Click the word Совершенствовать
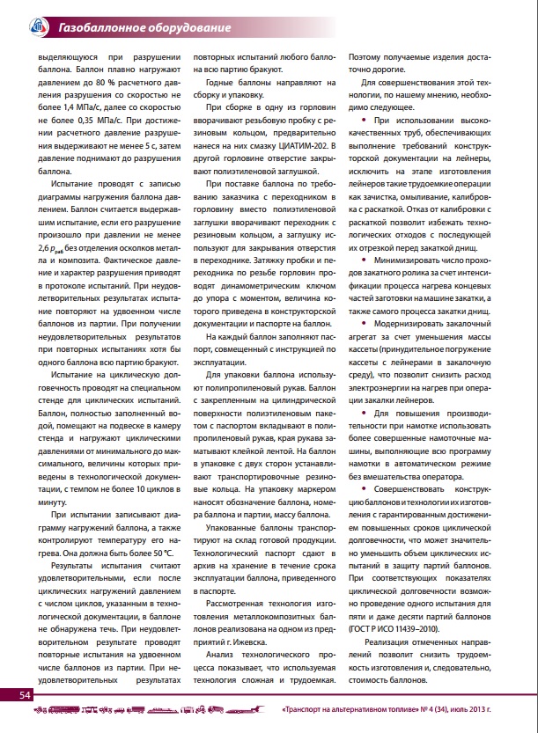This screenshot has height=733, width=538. point(414,487)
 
